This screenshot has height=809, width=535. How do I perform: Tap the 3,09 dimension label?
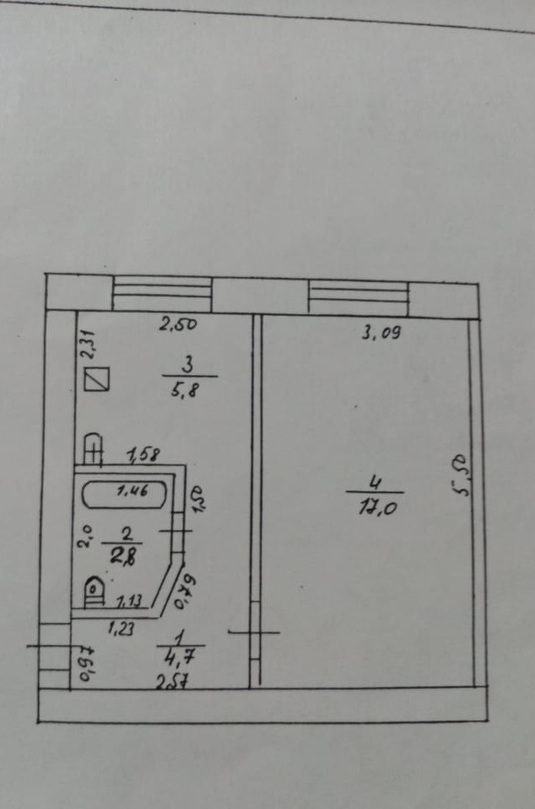pyautogui.click(x=380, y=333)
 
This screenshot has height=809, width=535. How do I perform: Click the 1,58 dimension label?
pyautogui.click(x=143, y=456)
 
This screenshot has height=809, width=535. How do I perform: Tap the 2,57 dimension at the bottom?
pyautogui.click(x=171, y=683)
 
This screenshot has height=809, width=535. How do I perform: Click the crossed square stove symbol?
pyautogui.click(x=99, y=380)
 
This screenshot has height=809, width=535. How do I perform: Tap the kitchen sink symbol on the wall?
pyautogui.click(x=92, y=449)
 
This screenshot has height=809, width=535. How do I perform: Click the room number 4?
pyautogui.click(x=376, y=483)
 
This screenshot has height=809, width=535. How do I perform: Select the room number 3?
pyautogui.click(x=188, y=366)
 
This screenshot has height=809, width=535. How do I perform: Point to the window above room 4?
pyautogui.click(x=358, y=295)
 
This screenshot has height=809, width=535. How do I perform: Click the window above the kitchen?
pyautogui.click(x=161, y=295)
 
